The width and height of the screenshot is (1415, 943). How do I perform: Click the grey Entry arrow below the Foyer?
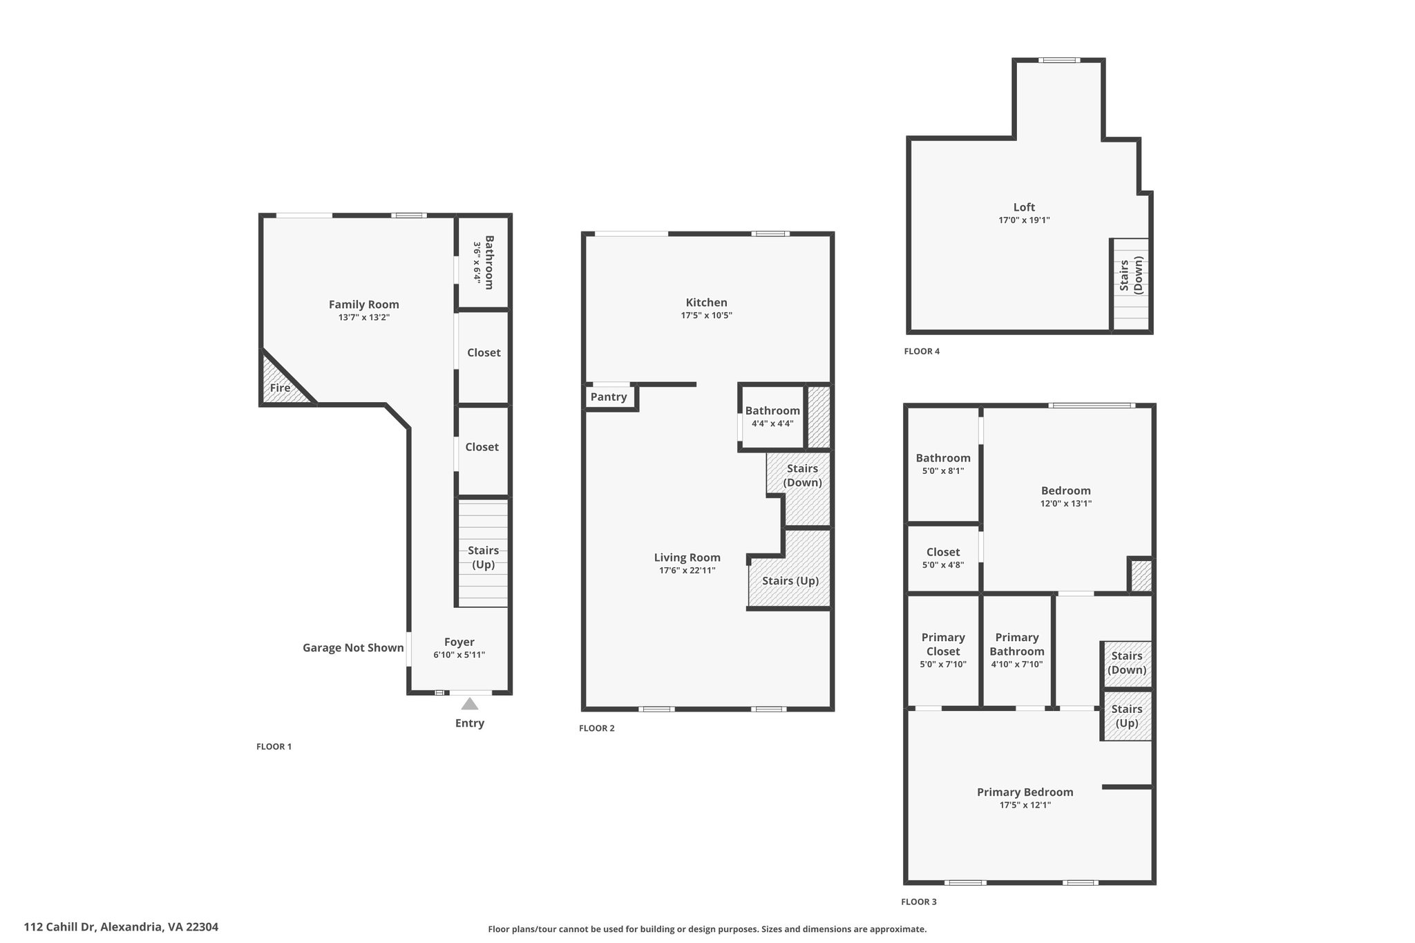pos(470,703)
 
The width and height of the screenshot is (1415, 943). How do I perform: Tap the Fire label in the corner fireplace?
pos(280,388)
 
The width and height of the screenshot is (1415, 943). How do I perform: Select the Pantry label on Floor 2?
pos(609,397)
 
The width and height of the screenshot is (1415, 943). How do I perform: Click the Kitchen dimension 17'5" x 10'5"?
pos(706,315)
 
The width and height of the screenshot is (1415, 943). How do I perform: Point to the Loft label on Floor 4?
pos(1024,207)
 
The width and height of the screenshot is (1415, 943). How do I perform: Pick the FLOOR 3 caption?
pos(919,902)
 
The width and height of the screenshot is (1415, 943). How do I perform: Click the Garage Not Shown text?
pos(353,647)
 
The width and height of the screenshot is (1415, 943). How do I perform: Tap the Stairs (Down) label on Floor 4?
pos(1131,274)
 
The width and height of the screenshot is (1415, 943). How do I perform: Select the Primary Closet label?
pos(943,644)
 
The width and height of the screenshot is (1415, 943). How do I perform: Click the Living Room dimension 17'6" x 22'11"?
pos(687,571)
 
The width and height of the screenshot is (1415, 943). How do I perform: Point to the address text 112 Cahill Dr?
pos(61,927)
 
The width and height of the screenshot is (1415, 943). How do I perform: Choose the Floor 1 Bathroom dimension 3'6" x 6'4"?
pos(477,262)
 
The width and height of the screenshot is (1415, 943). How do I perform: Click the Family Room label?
pos(363,304)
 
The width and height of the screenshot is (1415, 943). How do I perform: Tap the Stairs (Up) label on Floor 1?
pos(483,558)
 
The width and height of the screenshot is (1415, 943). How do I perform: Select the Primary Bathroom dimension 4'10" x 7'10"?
pos(1017,665)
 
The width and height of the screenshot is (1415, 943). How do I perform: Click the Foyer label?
pos(459,642)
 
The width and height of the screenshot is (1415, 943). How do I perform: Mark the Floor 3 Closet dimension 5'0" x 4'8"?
pos(943,565)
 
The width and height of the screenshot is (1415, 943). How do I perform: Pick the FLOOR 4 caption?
pos(922,351)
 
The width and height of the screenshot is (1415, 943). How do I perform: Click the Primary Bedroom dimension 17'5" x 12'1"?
pos(1025,805)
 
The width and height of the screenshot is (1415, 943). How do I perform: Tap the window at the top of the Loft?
pos(1060,60)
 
